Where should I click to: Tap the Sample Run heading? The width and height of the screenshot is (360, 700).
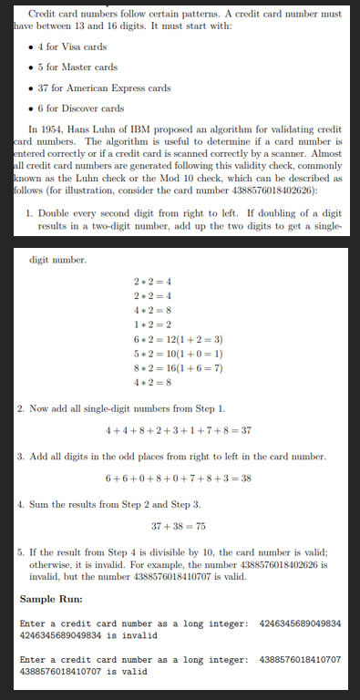(54, 599)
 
